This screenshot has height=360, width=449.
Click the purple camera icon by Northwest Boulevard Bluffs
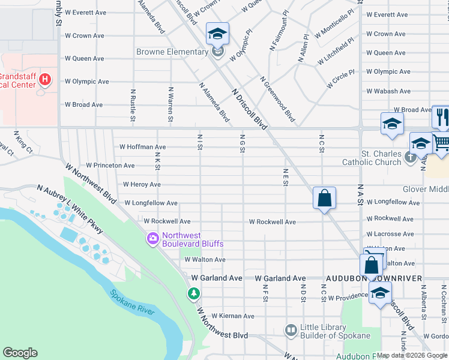pyautogui.click(x=153, y=239)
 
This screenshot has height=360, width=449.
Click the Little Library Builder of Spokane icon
pyautogui.click(x=291, y=329)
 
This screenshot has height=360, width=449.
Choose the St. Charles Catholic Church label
pyautogui.click(x=372, y=158)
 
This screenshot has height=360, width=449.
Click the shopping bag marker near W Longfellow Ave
pyautogui.click(x=324, y=198)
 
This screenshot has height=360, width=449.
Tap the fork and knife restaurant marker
pyautogui.click(x=442, y=116)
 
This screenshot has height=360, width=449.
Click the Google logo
pyautogui.click(x=20, y=353)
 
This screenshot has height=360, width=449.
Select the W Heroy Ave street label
pyautogui.click(x=142, y=184)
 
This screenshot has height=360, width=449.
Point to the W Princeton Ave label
pyautogui.click(x=110, y=165)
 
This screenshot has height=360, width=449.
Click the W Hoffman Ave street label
pyautogui.click(x=142, y=146)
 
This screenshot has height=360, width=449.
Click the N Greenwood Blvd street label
pyautogui.click(x=277, y=100)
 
